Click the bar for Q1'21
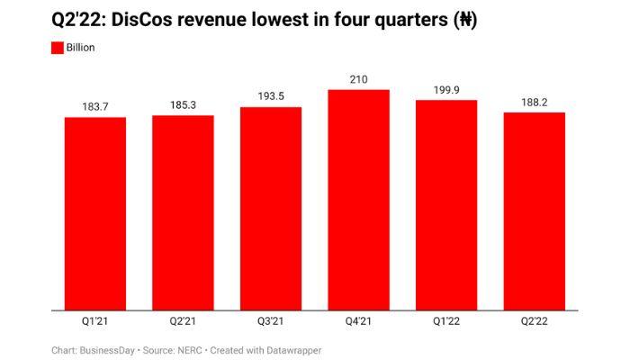tap(95, 214)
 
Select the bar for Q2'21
tap(183, 213)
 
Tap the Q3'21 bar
tap(271, 209)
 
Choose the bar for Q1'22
tap(446, 205)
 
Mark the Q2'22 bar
tap(534, 211)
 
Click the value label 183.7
tap(95, 107)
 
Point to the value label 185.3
tap(183, 105)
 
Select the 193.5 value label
tap(271, 96)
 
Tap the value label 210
tap(358, 79)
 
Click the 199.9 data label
tap(446, 89)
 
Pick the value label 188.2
tap(534, 102)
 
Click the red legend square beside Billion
tap(58, 48)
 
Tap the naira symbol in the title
tap(458, 20)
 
